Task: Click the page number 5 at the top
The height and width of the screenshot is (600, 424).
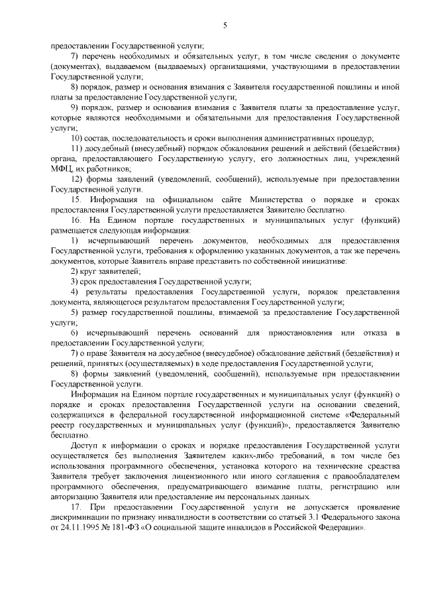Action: pyautogui.click(x=225, y=26)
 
